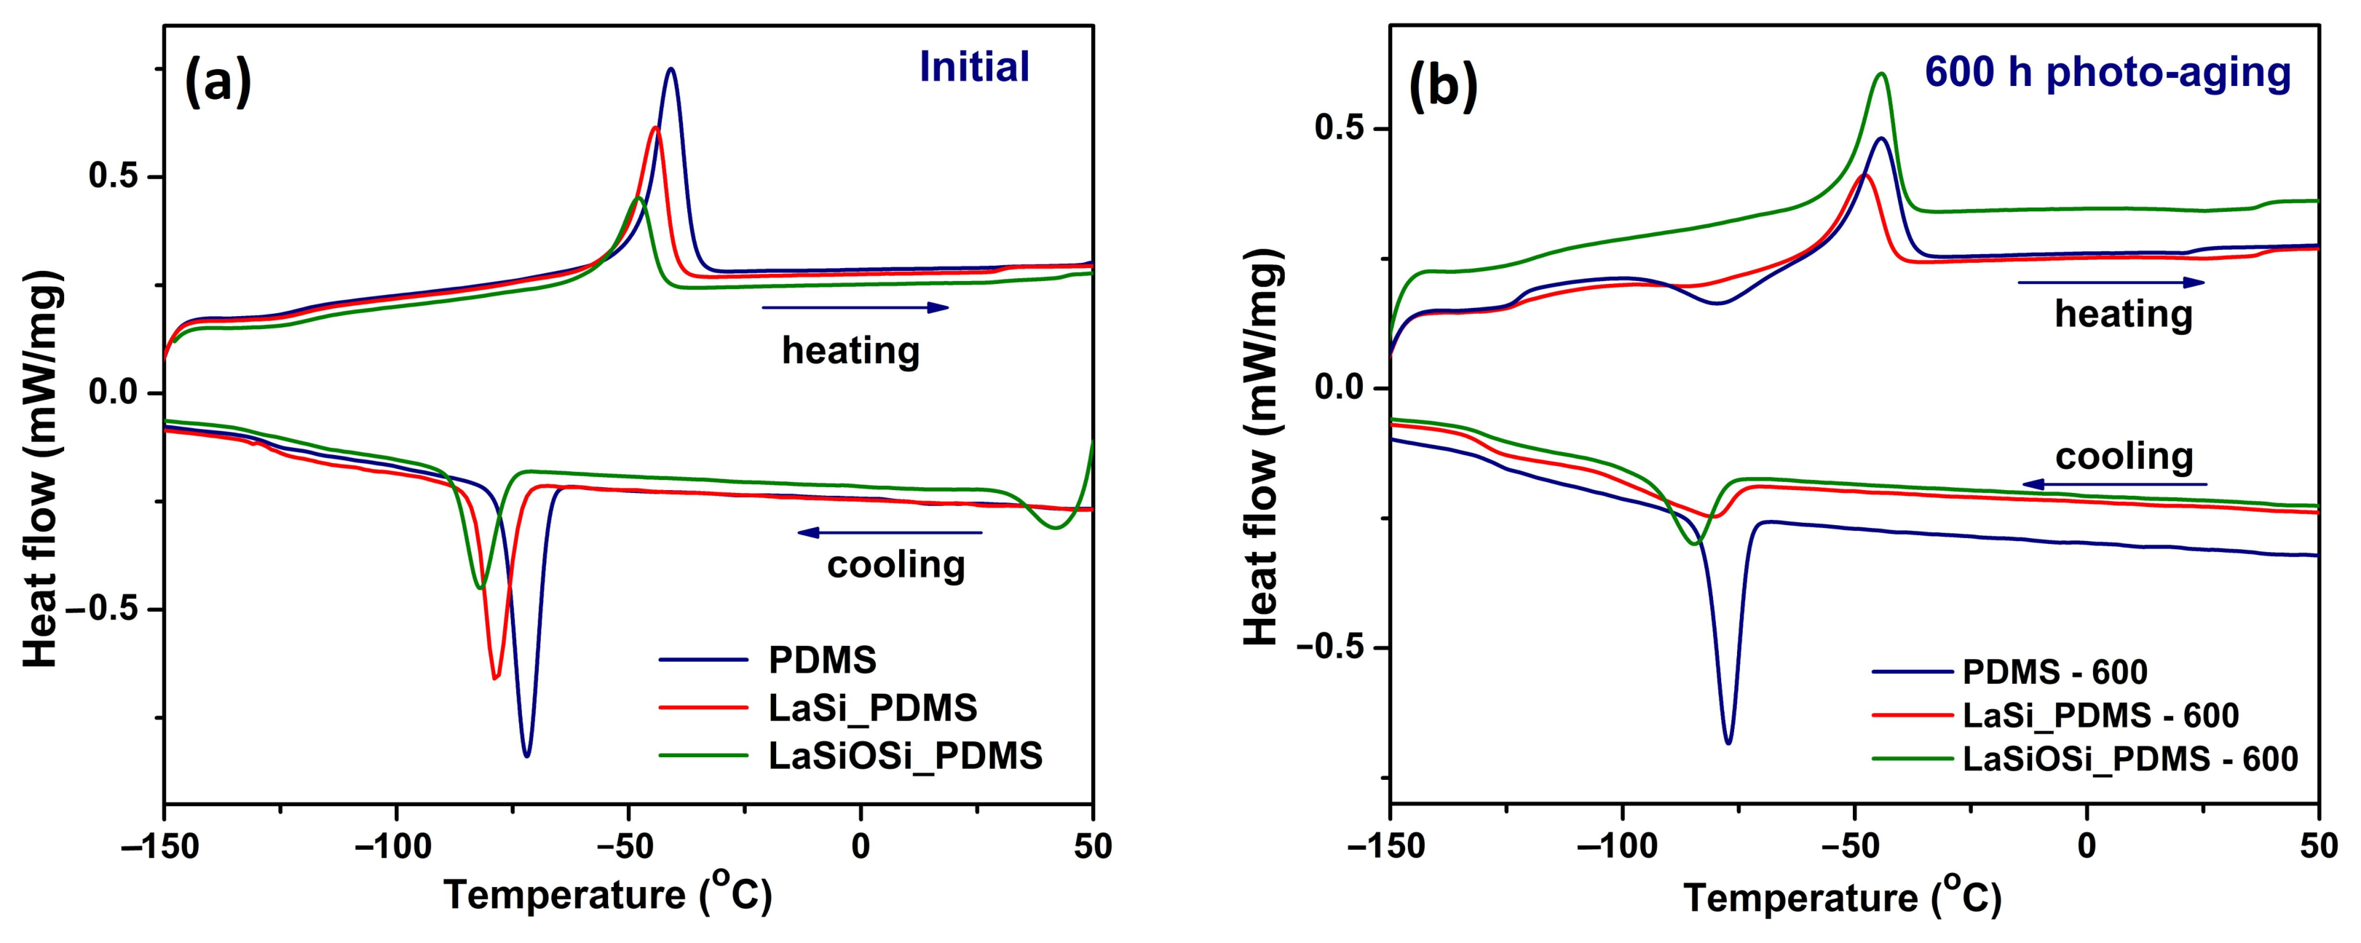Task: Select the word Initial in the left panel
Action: point(974,67)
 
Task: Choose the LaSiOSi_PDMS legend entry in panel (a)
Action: point(850,755)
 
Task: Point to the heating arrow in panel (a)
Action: point(855,307)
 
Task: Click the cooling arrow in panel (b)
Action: point(2116,483)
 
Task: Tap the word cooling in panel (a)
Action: point(895,564)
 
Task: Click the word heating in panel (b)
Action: point(2124,315)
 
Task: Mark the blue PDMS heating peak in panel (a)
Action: point(671,68)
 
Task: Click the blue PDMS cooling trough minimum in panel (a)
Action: point(526,756)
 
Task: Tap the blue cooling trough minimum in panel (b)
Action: point(1728,742)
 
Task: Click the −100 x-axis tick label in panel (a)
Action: point(396,847)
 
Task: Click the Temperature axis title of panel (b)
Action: point(1842,898)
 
